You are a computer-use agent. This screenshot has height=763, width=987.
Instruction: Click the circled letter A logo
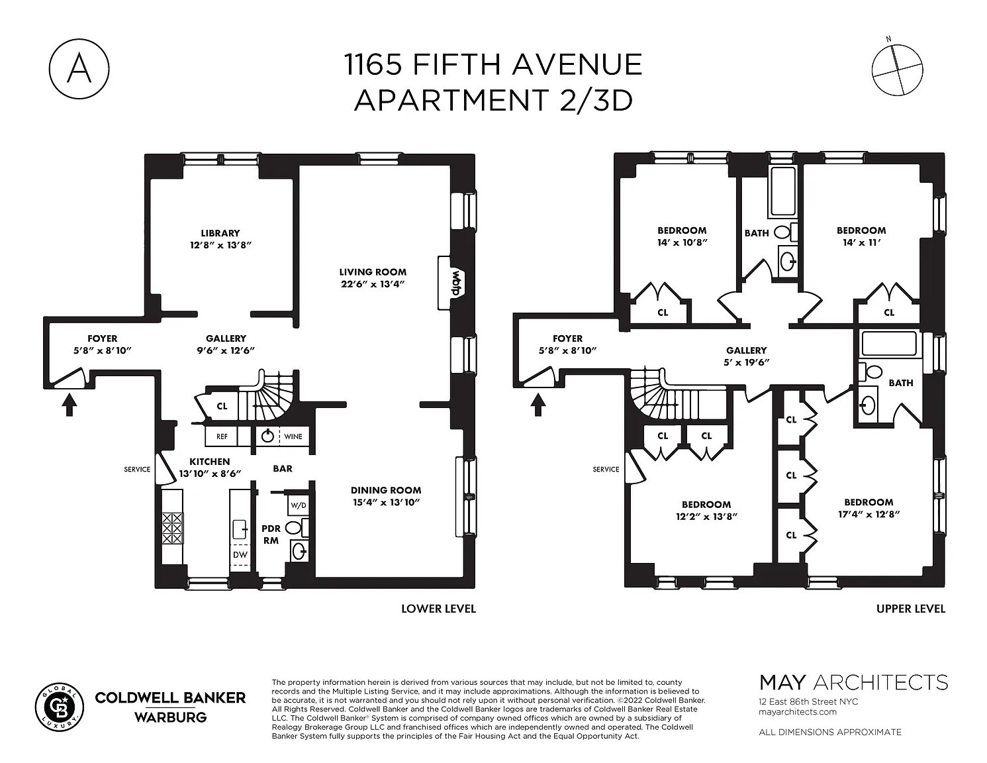click(79, 69)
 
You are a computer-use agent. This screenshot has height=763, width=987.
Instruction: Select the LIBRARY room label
click(220, 232)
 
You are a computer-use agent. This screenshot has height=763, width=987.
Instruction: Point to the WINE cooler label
click(293, 436)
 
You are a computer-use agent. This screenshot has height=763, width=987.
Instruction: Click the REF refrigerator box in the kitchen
click(221, 436)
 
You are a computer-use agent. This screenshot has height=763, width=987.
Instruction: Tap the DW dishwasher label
click(240, 554)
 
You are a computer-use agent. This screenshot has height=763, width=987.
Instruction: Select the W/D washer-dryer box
click(299, 505)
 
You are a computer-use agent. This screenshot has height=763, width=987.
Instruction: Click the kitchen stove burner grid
click(173, 528)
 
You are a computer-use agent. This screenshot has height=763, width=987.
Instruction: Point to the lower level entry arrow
click(69, 405)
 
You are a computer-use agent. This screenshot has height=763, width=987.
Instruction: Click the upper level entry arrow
click(538, 405)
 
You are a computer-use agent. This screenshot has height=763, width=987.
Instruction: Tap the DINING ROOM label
click(386, 490)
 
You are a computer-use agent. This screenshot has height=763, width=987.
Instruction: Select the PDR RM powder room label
click(271, 534)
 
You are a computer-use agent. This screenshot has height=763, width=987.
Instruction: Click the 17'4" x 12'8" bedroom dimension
click(869, 515)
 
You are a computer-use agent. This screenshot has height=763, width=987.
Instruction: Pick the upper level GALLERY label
click(746, 350)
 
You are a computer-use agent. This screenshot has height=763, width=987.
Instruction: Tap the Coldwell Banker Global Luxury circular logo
click(59, 707)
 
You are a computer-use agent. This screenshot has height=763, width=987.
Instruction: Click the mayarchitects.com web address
click(797, 711)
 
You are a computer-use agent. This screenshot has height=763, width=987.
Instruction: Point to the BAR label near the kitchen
click(283, 468)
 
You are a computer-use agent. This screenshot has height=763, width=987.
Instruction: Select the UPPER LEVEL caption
click(911, 609)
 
